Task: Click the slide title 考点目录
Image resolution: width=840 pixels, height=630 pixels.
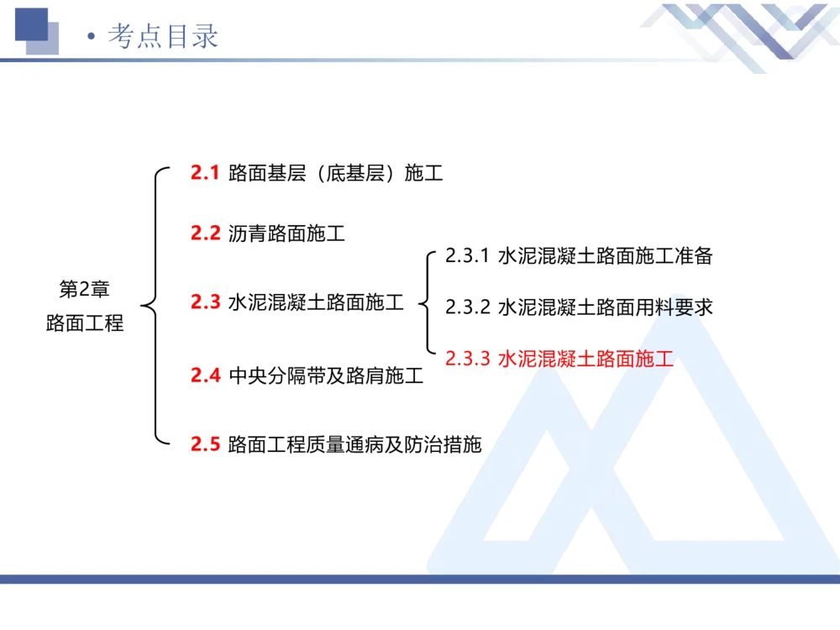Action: (163, 36)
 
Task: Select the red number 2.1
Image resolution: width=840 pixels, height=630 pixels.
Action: (205, 174)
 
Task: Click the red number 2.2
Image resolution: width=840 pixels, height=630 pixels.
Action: (205, 234)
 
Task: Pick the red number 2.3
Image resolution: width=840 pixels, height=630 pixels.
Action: (205, 302)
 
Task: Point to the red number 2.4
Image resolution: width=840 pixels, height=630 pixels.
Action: (205, 375)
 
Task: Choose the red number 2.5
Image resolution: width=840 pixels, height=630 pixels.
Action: (205, 444)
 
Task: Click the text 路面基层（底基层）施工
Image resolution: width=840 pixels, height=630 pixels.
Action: (335, 174)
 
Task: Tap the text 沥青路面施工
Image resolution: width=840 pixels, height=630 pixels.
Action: (286, 234)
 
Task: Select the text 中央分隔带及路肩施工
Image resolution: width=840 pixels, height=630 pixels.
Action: (326, 375)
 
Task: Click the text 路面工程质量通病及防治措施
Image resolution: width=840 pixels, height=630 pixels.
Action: (354, 444)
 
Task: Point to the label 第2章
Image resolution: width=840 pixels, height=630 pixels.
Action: (84, 290)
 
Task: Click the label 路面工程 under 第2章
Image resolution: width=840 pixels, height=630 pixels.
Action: (84, 323)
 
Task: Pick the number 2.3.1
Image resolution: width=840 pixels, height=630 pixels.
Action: (467, 256)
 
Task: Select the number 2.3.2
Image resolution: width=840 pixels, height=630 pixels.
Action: (467, 307)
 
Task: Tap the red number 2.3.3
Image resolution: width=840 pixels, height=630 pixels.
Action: (467, 360)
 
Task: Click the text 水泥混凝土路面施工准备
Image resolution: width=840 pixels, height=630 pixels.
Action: (605, 256)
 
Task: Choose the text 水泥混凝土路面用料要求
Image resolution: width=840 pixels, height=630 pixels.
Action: (605, 307)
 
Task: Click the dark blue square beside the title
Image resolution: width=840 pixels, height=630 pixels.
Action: (32, 24)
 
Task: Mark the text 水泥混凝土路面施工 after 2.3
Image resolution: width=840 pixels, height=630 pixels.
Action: (316, 302)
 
